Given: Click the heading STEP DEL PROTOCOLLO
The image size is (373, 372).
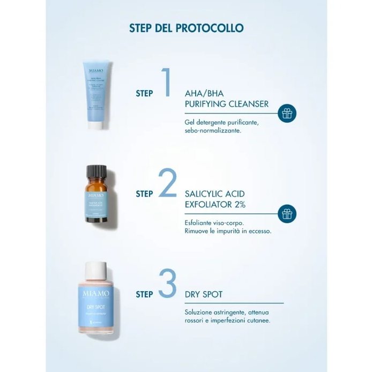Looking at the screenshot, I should coord(186,28).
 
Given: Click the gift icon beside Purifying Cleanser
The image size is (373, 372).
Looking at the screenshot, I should coord(287,113).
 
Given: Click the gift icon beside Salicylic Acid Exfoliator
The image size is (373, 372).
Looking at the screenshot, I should coord(287,213).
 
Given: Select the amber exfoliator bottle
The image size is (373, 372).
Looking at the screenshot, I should coord(97,201).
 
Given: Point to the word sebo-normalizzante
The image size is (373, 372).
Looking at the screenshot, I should coord(212,130).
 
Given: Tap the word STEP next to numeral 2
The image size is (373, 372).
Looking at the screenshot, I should coord(144,194).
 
